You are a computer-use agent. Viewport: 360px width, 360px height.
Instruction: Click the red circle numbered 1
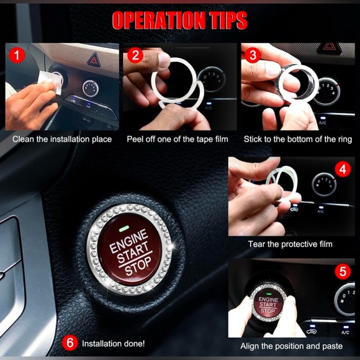tap(17, 55)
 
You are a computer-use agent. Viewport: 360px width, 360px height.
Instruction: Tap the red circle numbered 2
tap(137, 55)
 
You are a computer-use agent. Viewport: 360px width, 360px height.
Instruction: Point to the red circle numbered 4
tap(343, 169)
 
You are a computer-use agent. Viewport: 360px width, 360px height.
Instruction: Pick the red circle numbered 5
tap(343, 271)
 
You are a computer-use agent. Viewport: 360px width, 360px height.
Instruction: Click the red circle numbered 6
tap(71, 343)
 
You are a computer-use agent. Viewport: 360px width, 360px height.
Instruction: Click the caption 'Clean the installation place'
tap(62, 139)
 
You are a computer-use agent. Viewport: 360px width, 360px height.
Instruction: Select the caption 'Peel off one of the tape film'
tap(179, 139)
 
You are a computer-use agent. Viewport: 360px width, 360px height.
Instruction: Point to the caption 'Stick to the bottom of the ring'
tap(297, 139)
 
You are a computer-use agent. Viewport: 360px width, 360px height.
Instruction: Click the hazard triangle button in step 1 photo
tap(94, 60)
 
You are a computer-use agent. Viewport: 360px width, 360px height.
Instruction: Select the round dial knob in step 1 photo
tap(91, 88)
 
